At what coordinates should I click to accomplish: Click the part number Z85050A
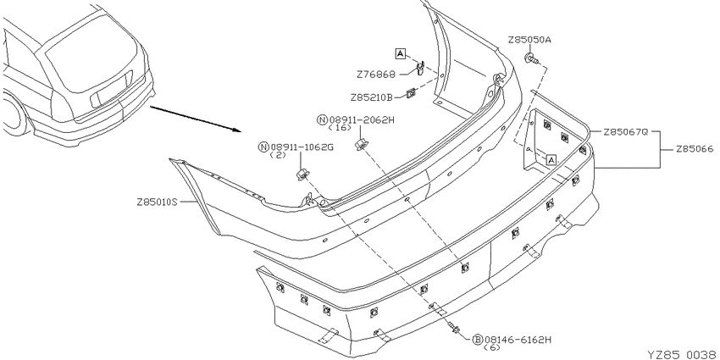click(529, 40)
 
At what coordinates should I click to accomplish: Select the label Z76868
click(376, 74)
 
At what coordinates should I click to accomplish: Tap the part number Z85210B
click(372, 97)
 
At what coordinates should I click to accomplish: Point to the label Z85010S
click(157, 202)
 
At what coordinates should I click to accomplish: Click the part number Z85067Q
click(625, 132)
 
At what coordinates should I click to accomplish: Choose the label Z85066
click(695, 149)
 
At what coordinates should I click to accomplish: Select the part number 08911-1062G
click(302, 147)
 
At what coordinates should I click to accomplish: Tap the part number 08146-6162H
click(517, 340)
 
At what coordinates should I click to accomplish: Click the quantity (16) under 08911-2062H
click(343, 128)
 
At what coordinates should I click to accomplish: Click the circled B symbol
click(477, 340)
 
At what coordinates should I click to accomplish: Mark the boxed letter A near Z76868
click(401, 54)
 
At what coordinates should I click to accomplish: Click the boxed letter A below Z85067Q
click(551, 160)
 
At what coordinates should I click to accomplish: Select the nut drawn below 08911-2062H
click(361, 144)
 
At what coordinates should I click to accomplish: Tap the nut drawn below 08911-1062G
click(302, 174)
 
